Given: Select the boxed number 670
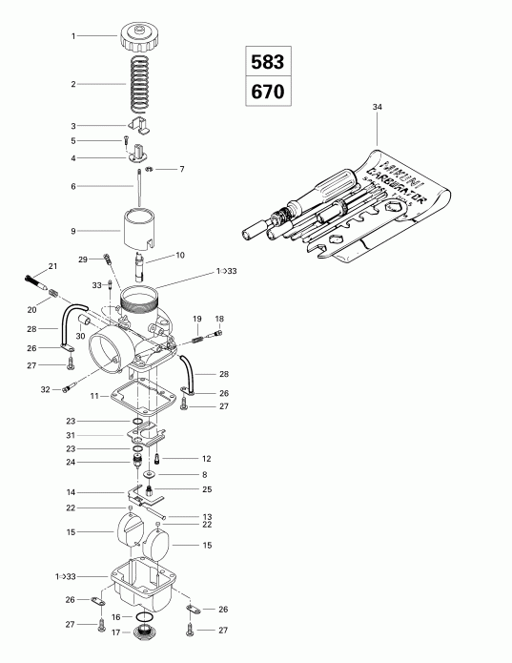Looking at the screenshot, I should pyautogui.click(x=266, y=93).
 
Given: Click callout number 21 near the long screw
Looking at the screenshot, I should pyautogui.click(x=52, y=266).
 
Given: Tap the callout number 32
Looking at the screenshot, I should pyautogui.click(x=45, y=389).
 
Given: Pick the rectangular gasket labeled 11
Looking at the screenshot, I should pyautogui.click(x=148, y=393).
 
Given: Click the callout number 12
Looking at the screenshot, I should pyautogui.click(x=205, y=459).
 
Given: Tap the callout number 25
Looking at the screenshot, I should pyautogui.click(x=206, y=489).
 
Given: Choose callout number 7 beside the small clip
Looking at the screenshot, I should pyautogui.click(x=182, y=169).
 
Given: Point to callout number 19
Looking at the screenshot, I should pyautogui.click(x=196, y=318).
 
